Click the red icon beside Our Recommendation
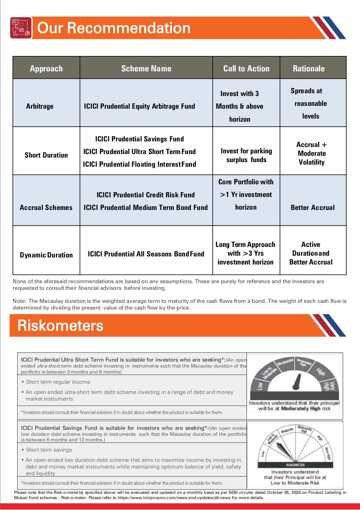(21, 28)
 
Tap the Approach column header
(46, 69)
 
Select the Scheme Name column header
(146, 69)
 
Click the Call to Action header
(246, 69)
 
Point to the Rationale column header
(309, 69)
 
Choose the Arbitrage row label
(40, 106)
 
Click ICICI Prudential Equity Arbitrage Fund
(139, 106)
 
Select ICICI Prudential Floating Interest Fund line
(139, 164)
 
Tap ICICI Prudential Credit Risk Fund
(146, 195)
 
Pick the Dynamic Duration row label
(46, 255)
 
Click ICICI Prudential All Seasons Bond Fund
(146, 254)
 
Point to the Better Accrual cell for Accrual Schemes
(313, 208)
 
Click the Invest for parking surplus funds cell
(246, 155)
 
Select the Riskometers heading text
(60, 325)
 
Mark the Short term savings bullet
(49, 450)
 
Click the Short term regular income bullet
(58, 382)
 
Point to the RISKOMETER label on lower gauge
(295, 465)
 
